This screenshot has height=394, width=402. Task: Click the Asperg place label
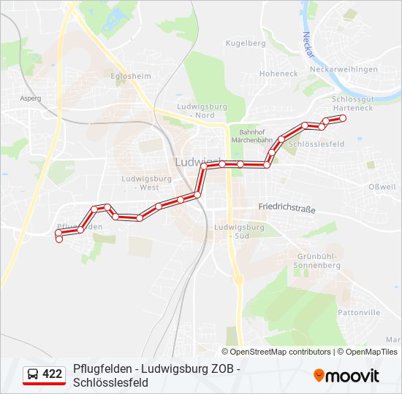(31, 97)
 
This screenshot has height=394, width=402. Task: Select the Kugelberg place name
(246, 44)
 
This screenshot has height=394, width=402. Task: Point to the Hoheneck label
(278, 74)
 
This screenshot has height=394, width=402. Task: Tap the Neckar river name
(308, 45)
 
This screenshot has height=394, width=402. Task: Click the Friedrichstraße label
(287, 208)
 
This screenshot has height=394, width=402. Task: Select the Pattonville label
(360, 312)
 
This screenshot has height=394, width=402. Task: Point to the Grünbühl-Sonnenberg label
(319, 261)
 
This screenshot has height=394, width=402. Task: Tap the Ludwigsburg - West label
(147, 182)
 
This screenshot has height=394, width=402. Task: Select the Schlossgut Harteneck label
(352, 103)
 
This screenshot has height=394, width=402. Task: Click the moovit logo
(346, 376)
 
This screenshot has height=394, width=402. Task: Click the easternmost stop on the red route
(342, 117)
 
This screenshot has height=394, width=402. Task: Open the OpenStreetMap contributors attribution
(281, 352)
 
